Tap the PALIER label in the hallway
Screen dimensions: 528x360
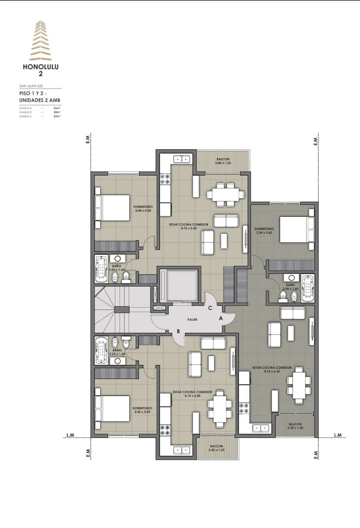(x=192, y=320)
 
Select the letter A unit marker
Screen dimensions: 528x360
(x=220, y=318)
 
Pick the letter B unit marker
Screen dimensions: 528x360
(x=178, y=331)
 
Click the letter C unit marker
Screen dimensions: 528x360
(x=210, y=308)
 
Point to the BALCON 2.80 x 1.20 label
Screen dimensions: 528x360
(x=223, y=161)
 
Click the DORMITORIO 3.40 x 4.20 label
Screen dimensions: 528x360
(x=143, y=208)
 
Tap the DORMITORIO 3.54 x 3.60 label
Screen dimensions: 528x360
(x=264, y=231)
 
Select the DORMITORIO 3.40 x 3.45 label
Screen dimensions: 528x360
(x=142, y=410)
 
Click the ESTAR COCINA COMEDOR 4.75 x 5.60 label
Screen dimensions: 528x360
(x=188, y=226)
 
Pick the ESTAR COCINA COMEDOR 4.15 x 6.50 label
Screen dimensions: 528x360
(x=272, y=369)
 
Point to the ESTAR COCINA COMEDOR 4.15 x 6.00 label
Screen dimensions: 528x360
(x=192, y=394)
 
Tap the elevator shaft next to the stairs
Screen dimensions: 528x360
(x=179, y=285)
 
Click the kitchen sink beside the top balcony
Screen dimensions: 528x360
(x=182, y=159)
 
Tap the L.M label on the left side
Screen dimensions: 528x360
(x=70, y=435)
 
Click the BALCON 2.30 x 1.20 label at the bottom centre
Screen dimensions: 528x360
(x=216, y=448)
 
